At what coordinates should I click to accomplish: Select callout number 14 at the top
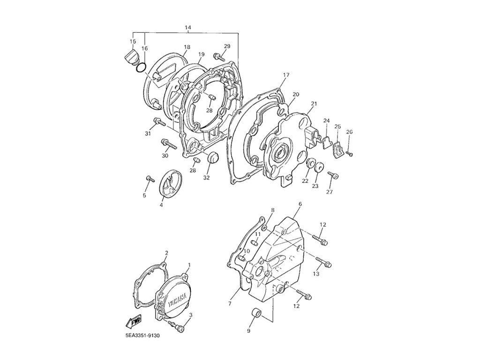[188, 28]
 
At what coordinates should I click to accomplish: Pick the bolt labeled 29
[218, 57]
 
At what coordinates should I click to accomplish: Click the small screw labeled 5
[150, 179]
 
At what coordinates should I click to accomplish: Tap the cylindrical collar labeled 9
[256, 313]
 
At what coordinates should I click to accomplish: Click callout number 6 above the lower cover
[300, 204]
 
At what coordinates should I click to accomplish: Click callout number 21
[314, 104]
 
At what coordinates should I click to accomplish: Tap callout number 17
[286, 75]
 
